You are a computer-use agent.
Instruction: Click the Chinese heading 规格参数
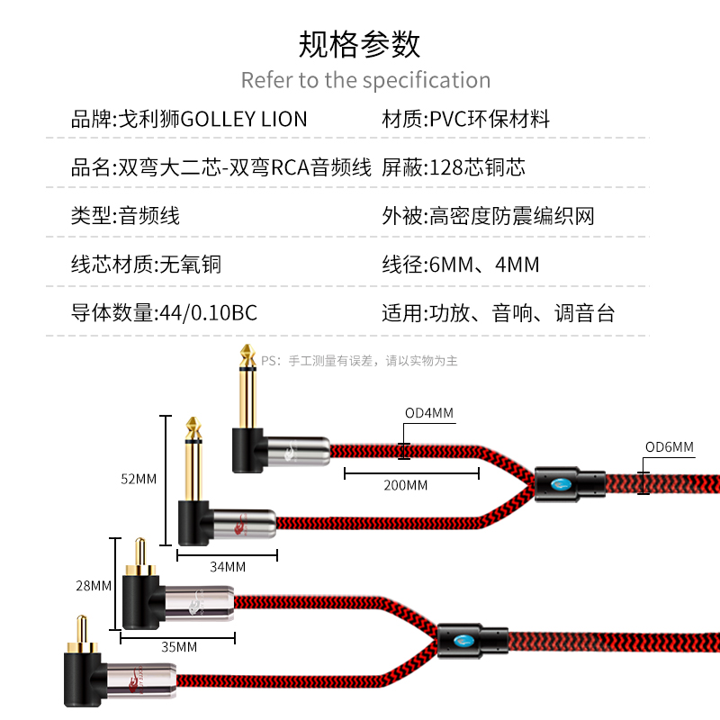pyautogui.click(x=359, y=43)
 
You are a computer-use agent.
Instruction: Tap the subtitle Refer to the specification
pyautogui.click(x=365, y=80)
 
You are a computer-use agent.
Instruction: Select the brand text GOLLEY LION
pyautogui.click(x=244, y=119)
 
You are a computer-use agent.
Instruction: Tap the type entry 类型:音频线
pyautogui.click(x=125, y=216)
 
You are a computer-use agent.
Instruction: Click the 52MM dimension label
pyautogui.click(x=139, y=479)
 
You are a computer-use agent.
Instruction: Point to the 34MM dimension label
pyautogui.click(x=228, y=567)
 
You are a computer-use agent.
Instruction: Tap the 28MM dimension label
pyautogui.click(x=94, y=585)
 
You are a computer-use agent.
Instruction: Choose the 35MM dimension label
pyautogui.click(x=179, y=646)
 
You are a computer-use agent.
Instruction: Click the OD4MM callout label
pyautogui.click(x=428, y=414)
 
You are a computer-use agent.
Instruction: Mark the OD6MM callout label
pyautogui.click(x=670, y=447)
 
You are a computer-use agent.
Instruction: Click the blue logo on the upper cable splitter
pyautogui.click(x=562, y=484)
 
